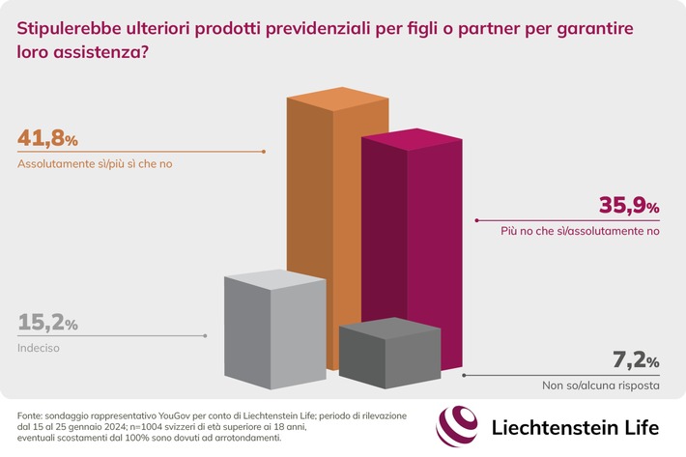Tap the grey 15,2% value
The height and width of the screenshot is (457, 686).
click(47, 323)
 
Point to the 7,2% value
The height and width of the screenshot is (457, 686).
click(636, 362)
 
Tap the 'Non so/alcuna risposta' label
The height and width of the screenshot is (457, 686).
click(600, 386)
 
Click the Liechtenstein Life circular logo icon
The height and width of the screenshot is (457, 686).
click(457, 426)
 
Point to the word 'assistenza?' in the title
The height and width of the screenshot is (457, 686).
click(107, 55)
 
